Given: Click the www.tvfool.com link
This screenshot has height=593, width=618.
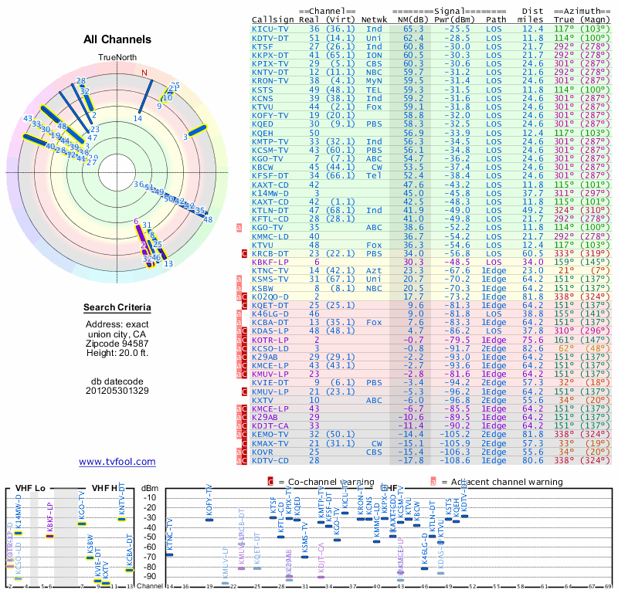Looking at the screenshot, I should [117, 462].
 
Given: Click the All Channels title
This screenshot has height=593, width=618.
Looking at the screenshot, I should [117, 39].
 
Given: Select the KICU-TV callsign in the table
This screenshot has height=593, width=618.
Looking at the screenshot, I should [270, 29].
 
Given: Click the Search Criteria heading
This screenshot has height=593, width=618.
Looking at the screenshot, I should [117, 308].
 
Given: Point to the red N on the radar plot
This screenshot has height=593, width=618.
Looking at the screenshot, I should [143, 73].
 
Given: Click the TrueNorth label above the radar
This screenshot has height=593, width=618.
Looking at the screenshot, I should [117, 57].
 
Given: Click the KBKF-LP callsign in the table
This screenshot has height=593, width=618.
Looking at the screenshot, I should [270, 263].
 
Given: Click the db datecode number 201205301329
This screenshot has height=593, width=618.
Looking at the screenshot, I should [117, 390].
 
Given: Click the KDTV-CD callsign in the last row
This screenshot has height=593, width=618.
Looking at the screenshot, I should [270, 460].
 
